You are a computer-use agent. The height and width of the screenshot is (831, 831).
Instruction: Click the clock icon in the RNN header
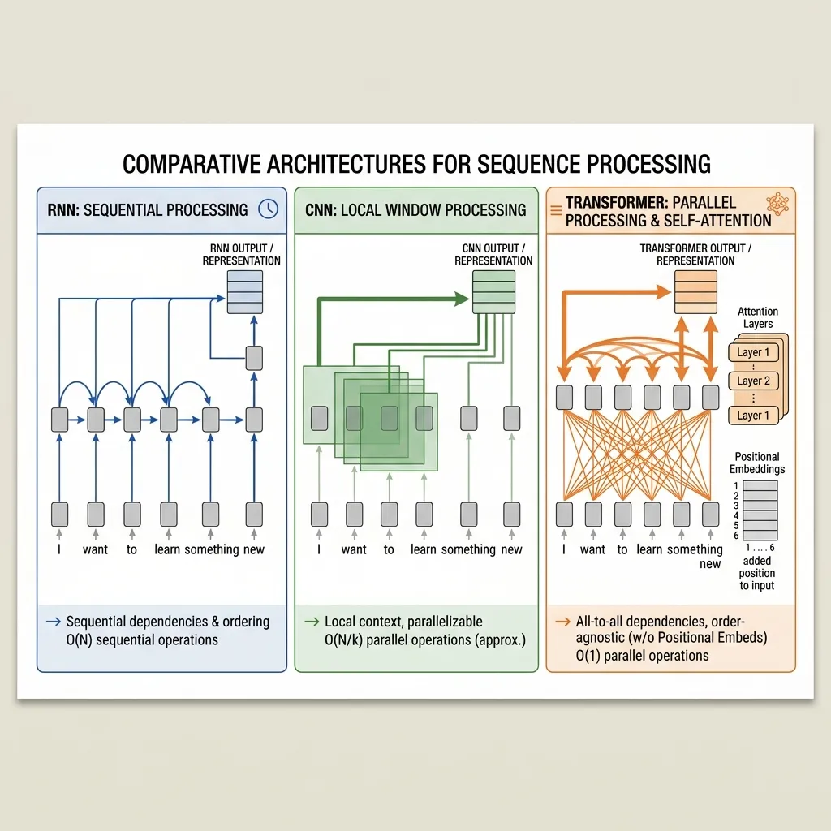point(267,209)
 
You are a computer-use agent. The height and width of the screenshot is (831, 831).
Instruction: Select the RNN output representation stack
point(245,291)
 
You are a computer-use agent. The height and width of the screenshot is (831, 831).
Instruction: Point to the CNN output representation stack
point(493,291)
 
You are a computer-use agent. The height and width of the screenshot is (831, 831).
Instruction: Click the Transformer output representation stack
point(696,291)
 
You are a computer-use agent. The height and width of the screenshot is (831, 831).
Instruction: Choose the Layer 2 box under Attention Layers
point(753,381)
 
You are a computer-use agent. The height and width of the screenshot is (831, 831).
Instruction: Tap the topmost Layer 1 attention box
point(753,352)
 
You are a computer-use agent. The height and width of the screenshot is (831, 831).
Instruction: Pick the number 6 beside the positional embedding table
point(735,536)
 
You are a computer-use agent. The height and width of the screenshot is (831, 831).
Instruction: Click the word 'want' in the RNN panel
point(95,549)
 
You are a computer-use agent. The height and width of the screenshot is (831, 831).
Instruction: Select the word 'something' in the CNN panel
point(468,549)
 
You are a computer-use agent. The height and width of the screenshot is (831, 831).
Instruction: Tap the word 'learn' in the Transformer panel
point(649,549)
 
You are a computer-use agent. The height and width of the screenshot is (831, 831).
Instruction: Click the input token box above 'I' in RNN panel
point(60,514)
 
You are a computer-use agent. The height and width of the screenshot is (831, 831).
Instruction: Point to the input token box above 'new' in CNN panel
point(511,514)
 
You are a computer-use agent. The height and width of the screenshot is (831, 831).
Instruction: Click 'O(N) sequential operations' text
point(142,639)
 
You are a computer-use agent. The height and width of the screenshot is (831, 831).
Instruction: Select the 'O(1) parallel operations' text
point(642,656)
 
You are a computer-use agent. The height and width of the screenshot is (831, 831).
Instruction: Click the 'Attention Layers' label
point(757,317)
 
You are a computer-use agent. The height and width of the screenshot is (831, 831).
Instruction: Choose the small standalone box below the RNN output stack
point(254,358)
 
